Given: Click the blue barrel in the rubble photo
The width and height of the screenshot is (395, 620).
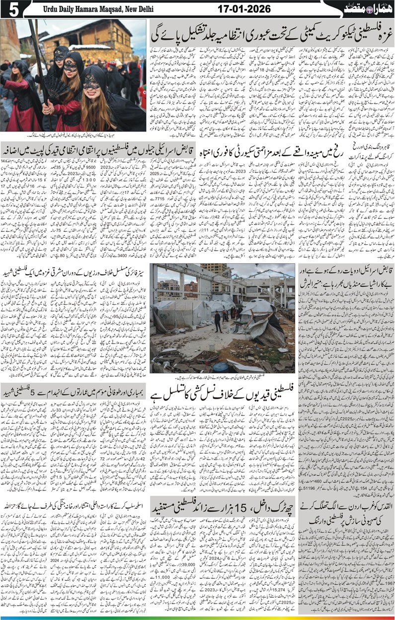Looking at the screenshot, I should (x=221, y=367).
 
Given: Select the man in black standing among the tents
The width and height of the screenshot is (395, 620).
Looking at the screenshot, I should (x=217, y=322).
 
